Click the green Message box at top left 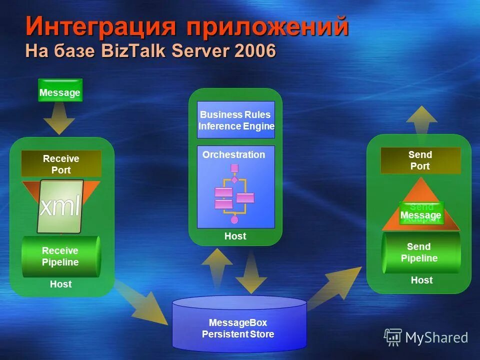pyautogui.click(x=60, y=90)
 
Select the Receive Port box pyautogui.click(x=61, y=163)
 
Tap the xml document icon pyautogui.click(x=60, y=206)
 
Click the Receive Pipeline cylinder pyautogui.click(x=60, y=256)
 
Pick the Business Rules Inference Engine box pyautogui.click(x=236, y=120)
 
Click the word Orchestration pyautogui.click(x=233, y=155)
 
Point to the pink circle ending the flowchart pyautogui.click(x=234, y=219)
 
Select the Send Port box pyautogui.click(x=420, y=160)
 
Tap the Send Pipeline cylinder pyautogui.click(x=420, y=252)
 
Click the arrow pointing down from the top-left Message pyautogui.click(x=59, y=120)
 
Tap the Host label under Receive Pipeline pyautogui.click(x=61, y=284)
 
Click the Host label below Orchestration pyautogui.click(x=235, y=236)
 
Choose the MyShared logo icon pyautogui.click(x=393, y=337)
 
